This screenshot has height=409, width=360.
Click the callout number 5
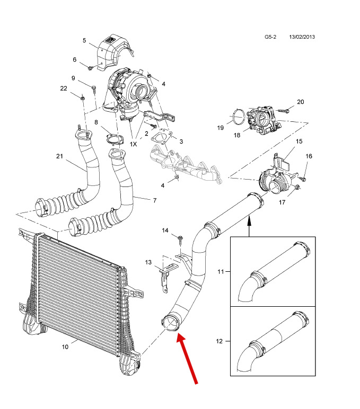(84, 41)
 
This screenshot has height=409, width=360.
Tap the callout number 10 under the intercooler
(65, 347)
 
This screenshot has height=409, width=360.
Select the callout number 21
(59, 156)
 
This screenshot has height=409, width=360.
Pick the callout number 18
(236, 135)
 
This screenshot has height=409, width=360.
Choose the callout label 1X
(134, 144)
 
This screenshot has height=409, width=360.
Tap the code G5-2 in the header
(271, 37)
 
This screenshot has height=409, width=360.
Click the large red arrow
(189, 360)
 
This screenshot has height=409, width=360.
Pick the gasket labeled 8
(111, 139)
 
